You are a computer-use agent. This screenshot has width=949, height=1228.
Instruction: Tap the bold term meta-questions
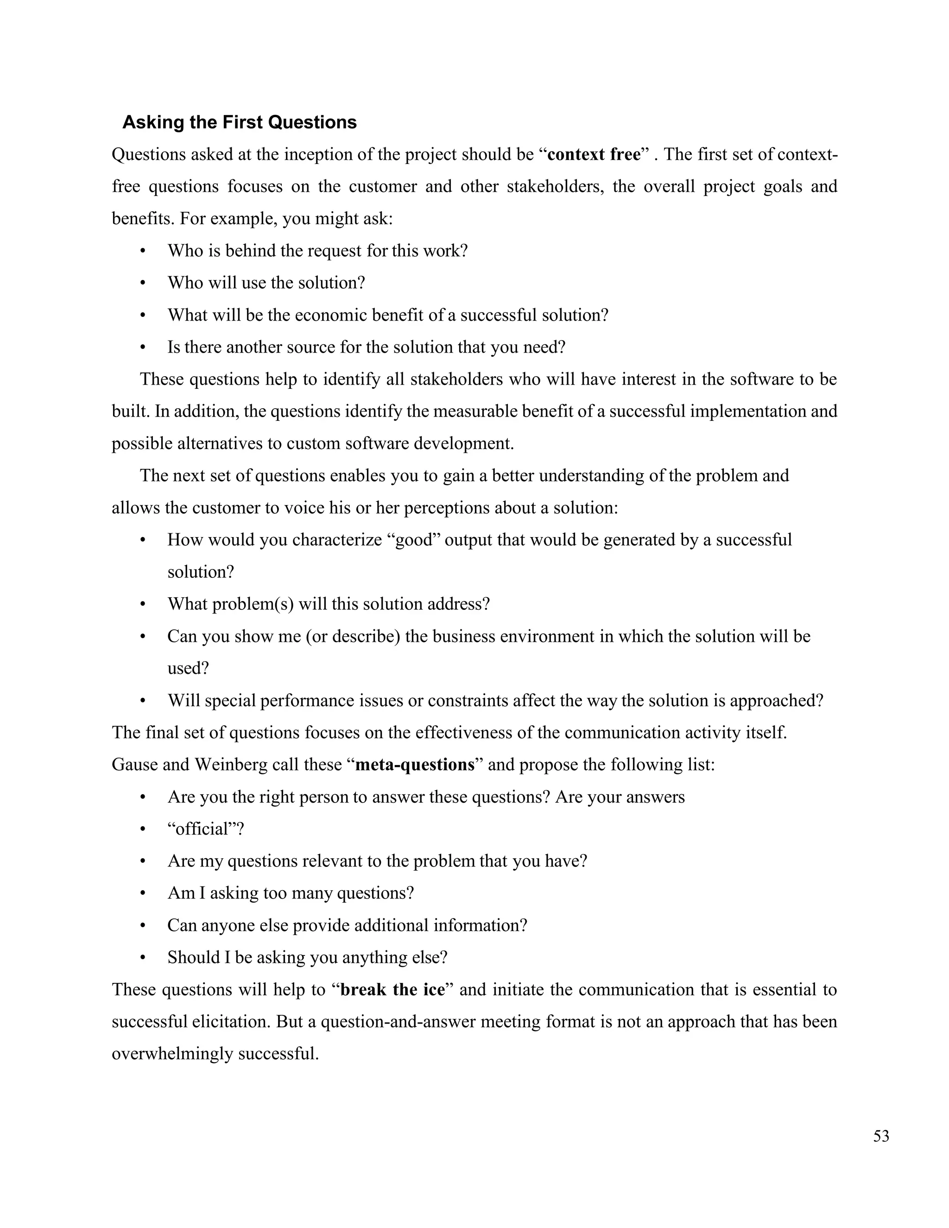pos(415,765)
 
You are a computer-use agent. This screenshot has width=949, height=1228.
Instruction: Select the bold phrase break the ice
pos(392,990)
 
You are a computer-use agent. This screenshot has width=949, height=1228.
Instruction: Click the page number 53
pos(881,1136)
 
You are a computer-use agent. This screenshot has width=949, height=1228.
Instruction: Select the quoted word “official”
pos(205,829)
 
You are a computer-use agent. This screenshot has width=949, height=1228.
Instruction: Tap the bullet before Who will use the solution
pos(143,283)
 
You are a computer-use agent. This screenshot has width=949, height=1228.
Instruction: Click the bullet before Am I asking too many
pos(143,893)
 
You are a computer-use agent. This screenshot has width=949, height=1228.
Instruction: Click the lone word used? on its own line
pos(188,669)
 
